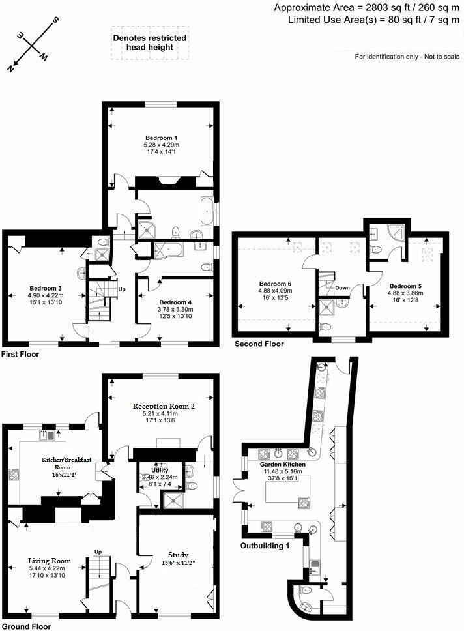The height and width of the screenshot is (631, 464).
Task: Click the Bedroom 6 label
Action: tap(275, 284)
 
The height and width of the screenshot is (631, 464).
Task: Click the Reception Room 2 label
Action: tap(161, 405)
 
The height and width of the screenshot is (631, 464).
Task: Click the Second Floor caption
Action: tap(259, 344)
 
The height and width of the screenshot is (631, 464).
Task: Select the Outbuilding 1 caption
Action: tap(265, 545)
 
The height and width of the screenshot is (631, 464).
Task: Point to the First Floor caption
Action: tap(20, 355)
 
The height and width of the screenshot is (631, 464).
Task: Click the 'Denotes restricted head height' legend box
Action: tap(150, 43)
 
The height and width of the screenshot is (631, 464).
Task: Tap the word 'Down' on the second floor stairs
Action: tap(343, 287)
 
